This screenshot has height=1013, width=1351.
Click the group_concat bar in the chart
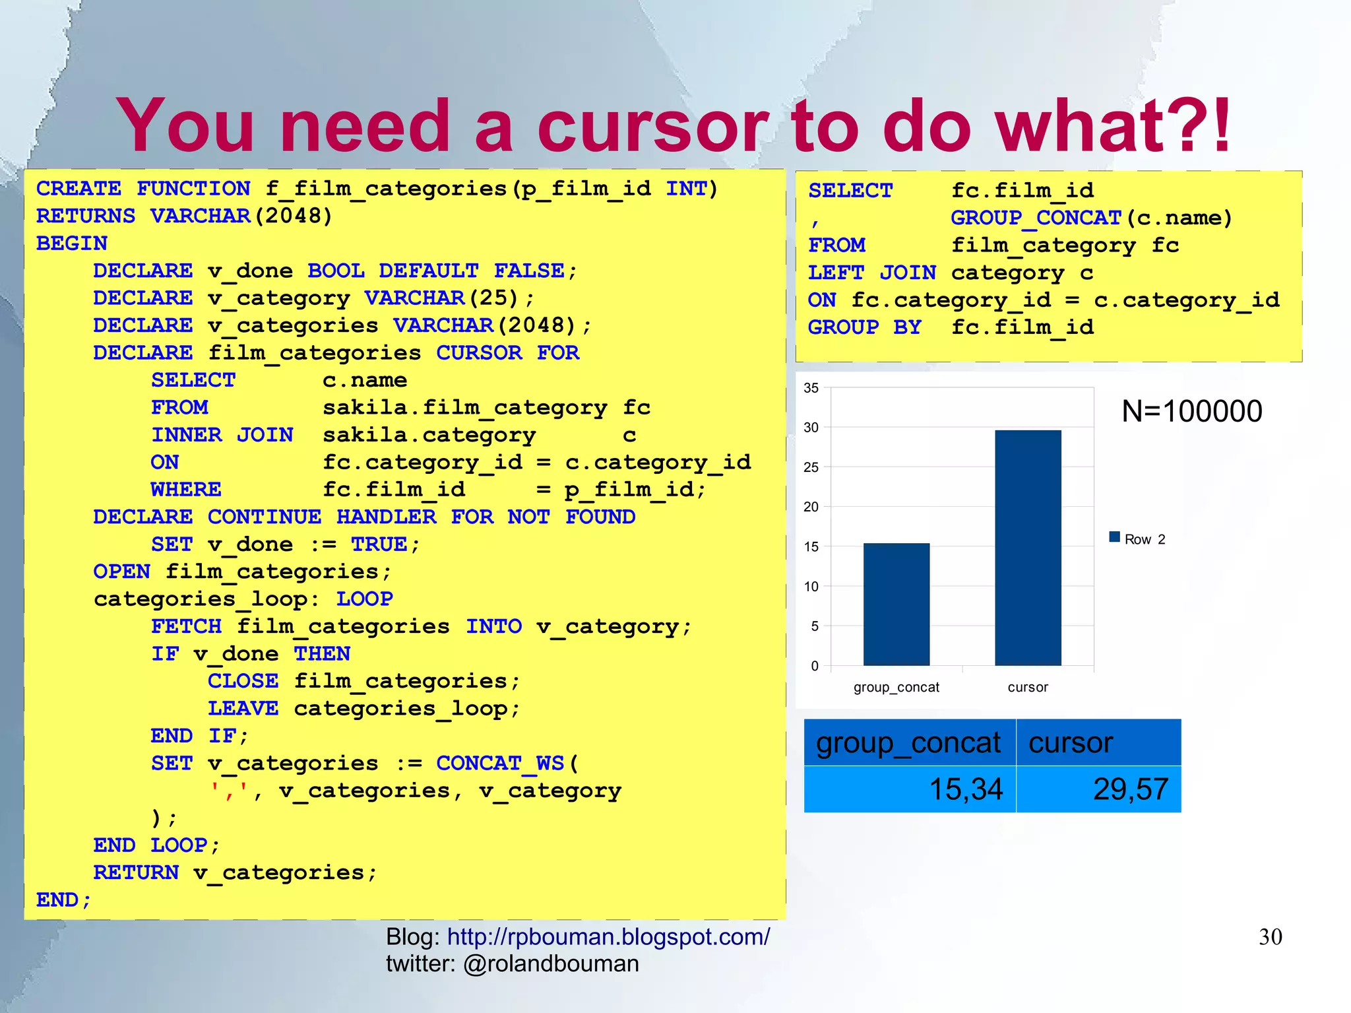coord(896,604)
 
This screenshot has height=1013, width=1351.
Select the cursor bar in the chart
coord(1028,548)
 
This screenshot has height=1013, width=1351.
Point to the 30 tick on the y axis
coord(811,428)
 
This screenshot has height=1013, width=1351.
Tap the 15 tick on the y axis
coord(811,546)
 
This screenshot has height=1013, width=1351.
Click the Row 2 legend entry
coord(1138,539)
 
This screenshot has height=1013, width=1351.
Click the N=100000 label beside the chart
coord(1191,411)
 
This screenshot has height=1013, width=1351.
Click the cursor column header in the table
coord(1071,743)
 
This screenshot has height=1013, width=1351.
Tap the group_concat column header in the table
coord(908,743)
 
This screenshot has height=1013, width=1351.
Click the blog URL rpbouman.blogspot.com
coord(608,936)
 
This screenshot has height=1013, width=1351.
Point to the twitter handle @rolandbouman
coord(551,964)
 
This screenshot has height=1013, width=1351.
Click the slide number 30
coord(1270,937)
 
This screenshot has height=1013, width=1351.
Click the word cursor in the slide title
coord(653,125)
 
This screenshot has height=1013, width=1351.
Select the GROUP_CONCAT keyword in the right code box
coord(1036,218)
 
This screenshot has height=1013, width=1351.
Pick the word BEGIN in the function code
coord(72,244)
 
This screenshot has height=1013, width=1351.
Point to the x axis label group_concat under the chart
coord(896,687)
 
